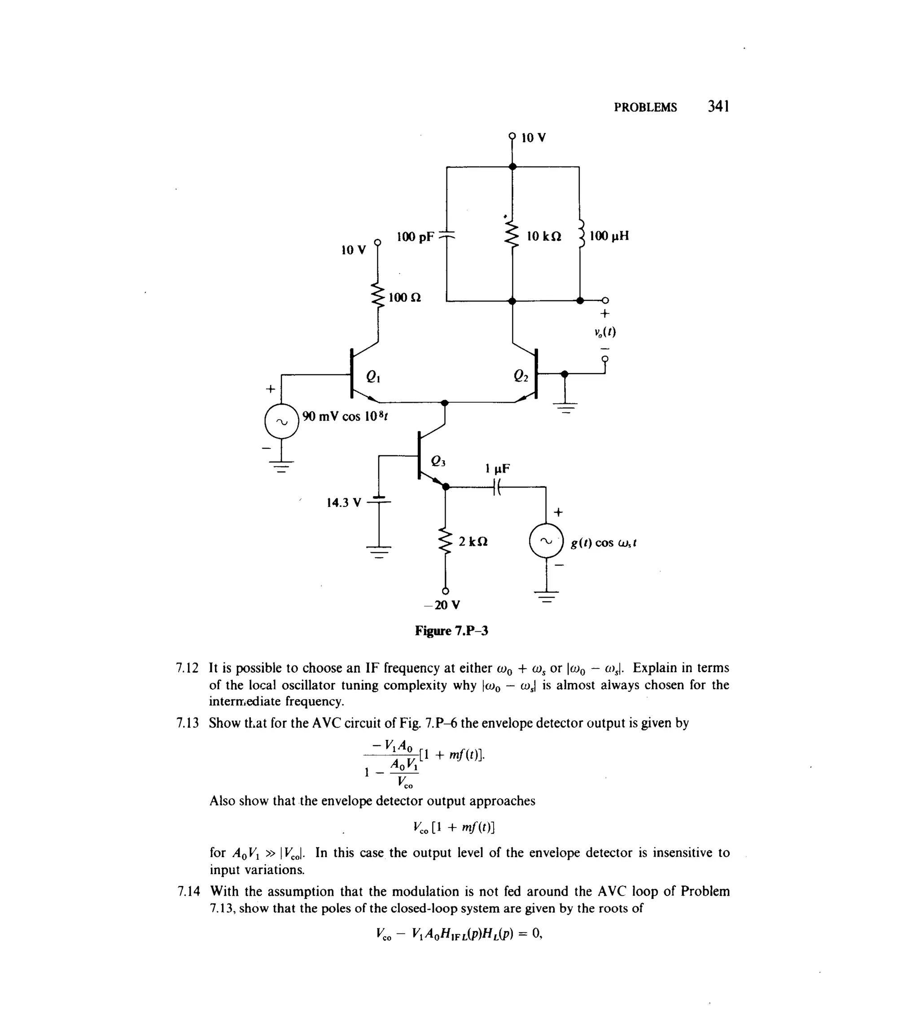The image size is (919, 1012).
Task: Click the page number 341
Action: coord(718,106)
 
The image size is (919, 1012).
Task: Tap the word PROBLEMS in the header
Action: coord(645,107)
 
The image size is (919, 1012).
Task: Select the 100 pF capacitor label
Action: coord(415,237)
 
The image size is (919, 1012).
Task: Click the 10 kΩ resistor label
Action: coord(544,236)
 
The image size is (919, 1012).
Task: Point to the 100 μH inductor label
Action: coord(608,236)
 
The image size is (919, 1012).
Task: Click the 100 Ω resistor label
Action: coord(404,298)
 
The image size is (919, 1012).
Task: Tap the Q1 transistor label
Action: coord(373,377)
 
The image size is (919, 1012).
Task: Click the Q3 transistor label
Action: coord(438,461)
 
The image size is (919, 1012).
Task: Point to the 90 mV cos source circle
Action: coord(282,422)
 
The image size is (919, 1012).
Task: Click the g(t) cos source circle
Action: coord(546,541)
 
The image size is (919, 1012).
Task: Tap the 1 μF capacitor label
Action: coord(497,469)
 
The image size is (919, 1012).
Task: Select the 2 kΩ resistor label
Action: coord(473,541)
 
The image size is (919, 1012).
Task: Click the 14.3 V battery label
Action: coord(344,502)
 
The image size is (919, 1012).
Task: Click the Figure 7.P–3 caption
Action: coord(451,631)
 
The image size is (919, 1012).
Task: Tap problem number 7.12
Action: coord(188,668)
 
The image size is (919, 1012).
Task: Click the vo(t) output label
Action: coord(604,332)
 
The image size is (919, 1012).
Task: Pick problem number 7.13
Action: coord(188,723)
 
